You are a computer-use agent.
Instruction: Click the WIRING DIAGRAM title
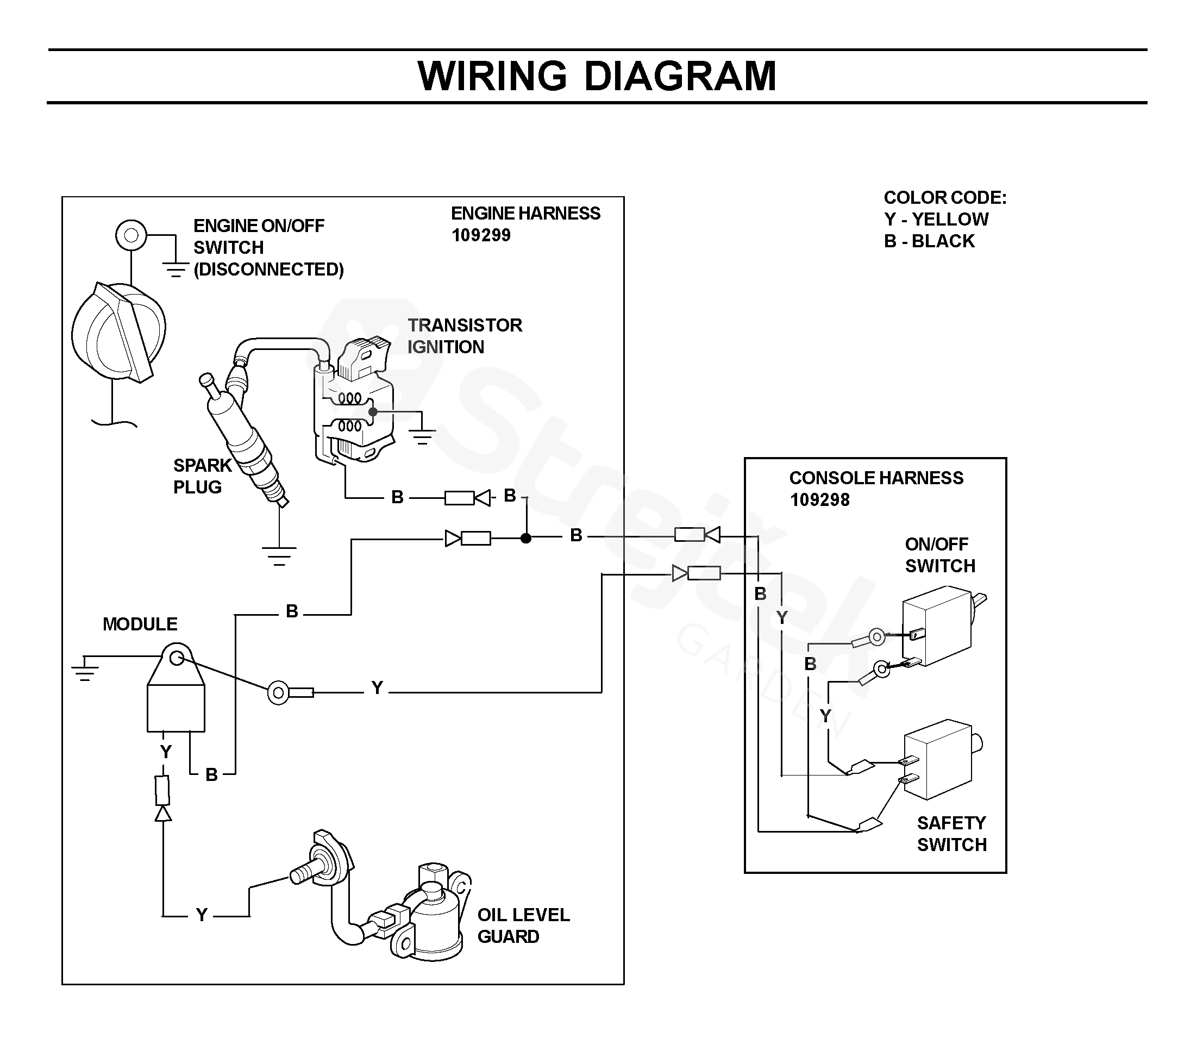click(x=596, y=76)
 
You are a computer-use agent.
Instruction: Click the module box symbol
click(x=176, y=705)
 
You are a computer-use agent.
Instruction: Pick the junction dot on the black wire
click(x=526, y=539)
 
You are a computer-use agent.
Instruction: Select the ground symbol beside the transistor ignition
click(x=422, y=436)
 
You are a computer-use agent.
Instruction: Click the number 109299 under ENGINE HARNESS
click(x=481, y=235)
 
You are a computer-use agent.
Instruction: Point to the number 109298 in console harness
click(x=819, y=499)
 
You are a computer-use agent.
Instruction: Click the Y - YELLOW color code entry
click(x=936, y=220)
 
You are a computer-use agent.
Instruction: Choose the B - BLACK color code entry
click(x=929, y=241)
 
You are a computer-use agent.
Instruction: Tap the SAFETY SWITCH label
click(x=951, y=834)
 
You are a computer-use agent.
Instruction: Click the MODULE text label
click(x=140, y=624)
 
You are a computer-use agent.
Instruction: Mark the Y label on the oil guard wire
click(x=202, y=915)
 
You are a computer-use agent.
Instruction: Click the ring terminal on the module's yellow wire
click(x=279, y=692)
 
